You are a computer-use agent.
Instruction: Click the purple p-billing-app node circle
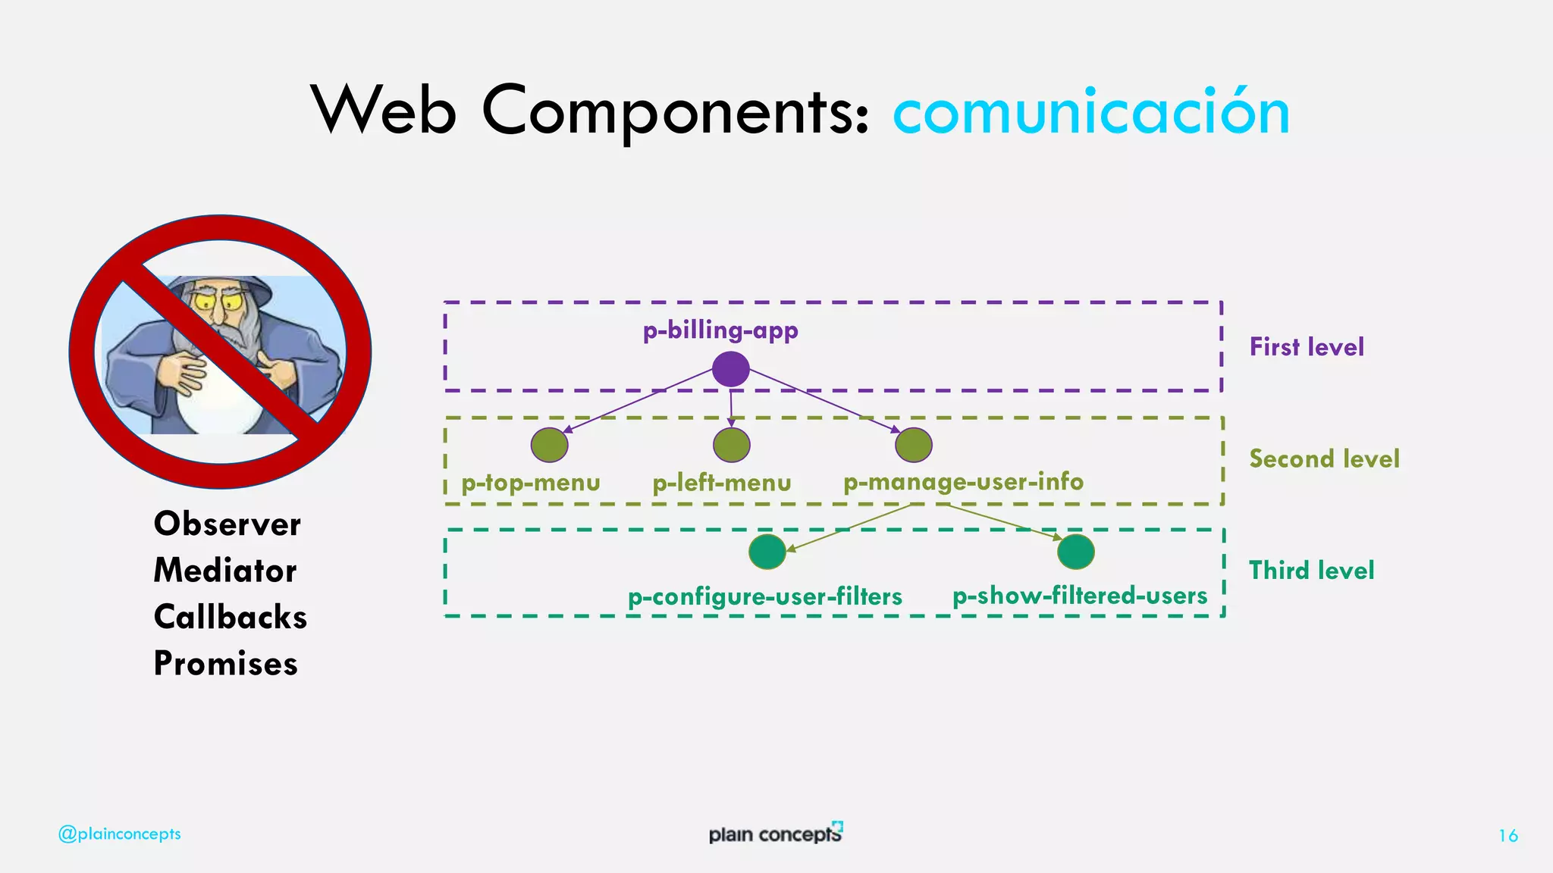tap(731, 370)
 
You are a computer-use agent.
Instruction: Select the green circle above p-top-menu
tap(550, 445)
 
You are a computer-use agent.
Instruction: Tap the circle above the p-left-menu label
tap(732, 445)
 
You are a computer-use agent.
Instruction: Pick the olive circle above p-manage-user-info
tap(914, 445)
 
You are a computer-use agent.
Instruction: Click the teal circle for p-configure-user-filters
tap(767, 552)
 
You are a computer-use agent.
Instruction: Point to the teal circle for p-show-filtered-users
tap(1076, 552)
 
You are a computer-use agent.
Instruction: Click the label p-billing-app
tap(720, 331)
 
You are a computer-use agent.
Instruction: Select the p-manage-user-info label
tap(963, 482)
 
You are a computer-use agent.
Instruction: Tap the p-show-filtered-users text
tap(1080, 596)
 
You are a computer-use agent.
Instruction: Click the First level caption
tap(1307, 347)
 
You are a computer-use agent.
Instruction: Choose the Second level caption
tap(1324, 458)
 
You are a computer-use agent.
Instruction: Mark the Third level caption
tap(1311, 571)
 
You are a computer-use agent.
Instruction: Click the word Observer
tap(227, 524)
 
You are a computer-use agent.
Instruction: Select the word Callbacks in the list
tap(231, 617)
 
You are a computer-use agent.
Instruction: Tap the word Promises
tap(226, 664)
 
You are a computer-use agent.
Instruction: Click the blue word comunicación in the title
tap(1091, 112)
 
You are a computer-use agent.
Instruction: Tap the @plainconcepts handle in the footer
tap(120, 834)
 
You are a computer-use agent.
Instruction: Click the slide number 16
tap(1508, 836)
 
